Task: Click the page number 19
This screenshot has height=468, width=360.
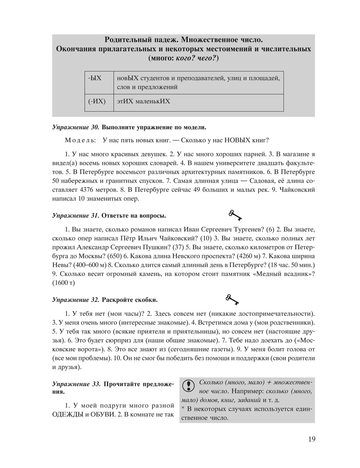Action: click(311, 439)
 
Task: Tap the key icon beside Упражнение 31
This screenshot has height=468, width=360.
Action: click(235, 215)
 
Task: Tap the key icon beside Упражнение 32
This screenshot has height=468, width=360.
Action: click(232, 299)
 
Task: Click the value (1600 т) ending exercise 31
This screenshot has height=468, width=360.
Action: click(63, 283)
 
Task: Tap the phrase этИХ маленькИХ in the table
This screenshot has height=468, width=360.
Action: click(143, 102)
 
